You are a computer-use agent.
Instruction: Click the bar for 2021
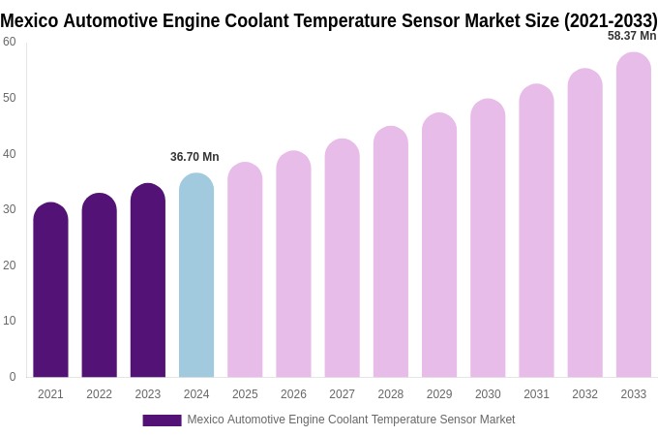pyautogui.click(x=50, y=291)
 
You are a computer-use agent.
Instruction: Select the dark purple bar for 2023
pyautogui.click(x=148, y=281)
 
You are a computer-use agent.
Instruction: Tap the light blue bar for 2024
pyautogui.click(x=196, y=276)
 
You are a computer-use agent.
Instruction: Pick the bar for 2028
pyautogui.click(x=391, y=252)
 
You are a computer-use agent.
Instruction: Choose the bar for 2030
pyautogui.click(x=488, y=238)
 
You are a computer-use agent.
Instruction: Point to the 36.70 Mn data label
pyautogui.click(x=194, y=157)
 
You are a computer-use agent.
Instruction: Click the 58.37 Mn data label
pyautogui.click(x=632, y=36)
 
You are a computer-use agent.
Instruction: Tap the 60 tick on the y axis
pyautogui.click(x=10, y=42)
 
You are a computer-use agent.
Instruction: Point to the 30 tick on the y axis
pyautogui.click(x=10, y=209)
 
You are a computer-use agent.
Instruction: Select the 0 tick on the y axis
pyautogui.click(x=13, y=377)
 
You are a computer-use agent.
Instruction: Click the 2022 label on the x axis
pyautogui.click(x=99, y=394)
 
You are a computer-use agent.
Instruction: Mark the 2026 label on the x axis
pyautogui.click(x=293, y=394)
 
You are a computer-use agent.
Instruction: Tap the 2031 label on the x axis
pyautogui.click(x=536, y=394)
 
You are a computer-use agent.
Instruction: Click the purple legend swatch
pyautogui.click(x=162, y=420)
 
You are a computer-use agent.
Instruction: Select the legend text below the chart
pyautogui.click(x=350, y=420)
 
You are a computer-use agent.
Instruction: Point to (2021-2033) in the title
pyautogui.click(x=611, y=20)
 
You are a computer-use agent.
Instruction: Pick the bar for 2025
pyautogui.click(x=245, y=270)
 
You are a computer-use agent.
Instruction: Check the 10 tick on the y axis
pyautogui.click(x=10, y=321)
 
